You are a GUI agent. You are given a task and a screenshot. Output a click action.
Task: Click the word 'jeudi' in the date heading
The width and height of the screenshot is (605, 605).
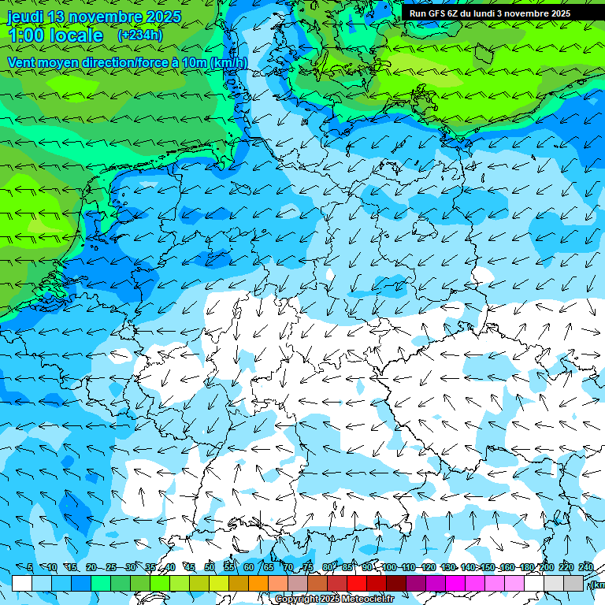24,17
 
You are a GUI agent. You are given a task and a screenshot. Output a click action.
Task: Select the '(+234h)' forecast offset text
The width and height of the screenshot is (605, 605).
139,35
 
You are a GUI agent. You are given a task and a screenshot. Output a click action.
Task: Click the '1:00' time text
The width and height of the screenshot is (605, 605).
29,35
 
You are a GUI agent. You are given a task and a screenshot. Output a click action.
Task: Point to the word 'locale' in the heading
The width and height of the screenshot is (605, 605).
76,35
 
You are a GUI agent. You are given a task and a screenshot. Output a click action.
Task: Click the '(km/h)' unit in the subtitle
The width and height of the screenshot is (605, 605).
228,62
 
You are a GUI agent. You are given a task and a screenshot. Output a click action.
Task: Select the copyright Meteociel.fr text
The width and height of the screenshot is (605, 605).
334,599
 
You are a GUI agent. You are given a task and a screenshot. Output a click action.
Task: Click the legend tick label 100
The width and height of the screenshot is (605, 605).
388,567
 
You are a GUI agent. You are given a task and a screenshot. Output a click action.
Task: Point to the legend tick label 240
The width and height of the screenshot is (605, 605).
585,567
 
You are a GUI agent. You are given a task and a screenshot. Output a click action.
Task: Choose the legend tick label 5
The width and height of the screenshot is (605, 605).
30,567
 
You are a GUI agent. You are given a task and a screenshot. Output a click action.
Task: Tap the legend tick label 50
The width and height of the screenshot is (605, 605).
210,567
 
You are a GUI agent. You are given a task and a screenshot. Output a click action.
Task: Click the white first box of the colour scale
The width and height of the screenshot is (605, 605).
22,583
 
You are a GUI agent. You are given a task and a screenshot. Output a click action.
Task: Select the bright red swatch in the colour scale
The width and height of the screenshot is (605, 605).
357,583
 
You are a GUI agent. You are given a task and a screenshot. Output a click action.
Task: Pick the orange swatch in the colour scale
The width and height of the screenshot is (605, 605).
258,583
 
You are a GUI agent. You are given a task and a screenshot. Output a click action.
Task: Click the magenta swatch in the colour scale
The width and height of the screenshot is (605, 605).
455,583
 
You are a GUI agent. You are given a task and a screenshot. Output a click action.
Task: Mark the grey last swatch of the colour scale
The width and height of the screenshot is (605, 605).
573,583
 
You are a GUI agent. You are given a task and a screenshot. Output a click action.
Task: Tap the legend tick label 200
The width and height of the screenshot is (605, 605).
546,567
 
